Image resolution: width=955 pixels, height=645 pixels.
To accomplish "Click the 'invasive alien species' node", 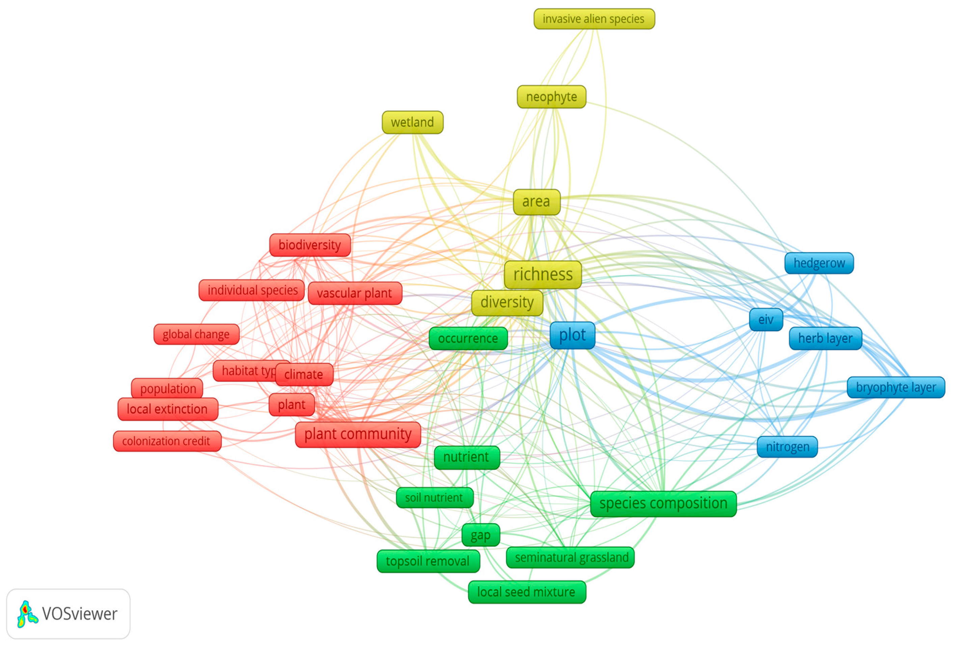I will coord(594,19).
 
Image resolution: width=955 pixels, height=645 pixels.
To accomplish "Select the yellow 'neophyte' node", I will coord(551,97).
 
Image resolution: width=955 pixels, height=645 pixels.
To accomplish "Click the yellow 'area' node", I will coord(536,202).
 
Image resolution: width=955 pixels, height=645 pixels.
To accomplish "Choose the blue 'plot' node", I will coord(572,335).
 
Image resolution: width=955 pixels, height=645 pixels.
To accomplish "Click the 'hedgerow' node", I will coord(819,263).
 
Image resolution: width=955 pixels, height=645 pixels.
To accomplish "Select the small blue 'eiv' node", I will coord(766,319).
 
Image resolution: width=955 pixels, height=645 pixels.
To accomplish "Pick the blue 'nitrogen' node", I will coord(787,447).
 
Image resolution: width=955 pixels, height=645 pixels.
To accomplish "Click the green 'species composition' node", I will coord(663,504).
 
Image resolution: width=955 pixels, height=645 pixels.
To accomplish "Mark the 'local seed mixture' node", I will coord(526,592).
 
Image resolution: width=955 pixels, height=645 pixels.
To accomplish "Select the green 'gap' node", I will coord(481,535).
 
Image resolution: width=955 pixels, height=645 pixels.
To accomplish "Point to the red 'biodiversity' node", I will coord(310,245).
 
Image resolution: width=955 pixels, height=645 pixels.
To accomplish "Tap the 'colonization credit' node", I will coord(167,441).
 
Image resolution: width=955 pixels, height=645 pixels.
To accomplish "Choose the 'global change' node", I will coord(196,334).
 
